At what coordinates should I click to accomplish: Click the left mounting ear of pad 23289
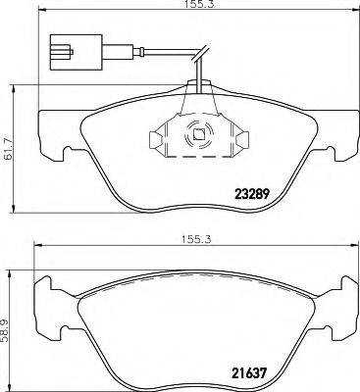click(x=51, y=137)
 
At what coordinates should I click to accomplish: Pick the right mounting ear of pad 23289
click(x=338, y=137)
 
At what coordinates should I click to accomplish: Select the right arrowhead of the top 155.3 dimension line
click(x=348, y=16)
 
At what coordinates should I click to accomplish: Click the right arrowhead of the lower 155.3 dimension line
click(x=348, y=246)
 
